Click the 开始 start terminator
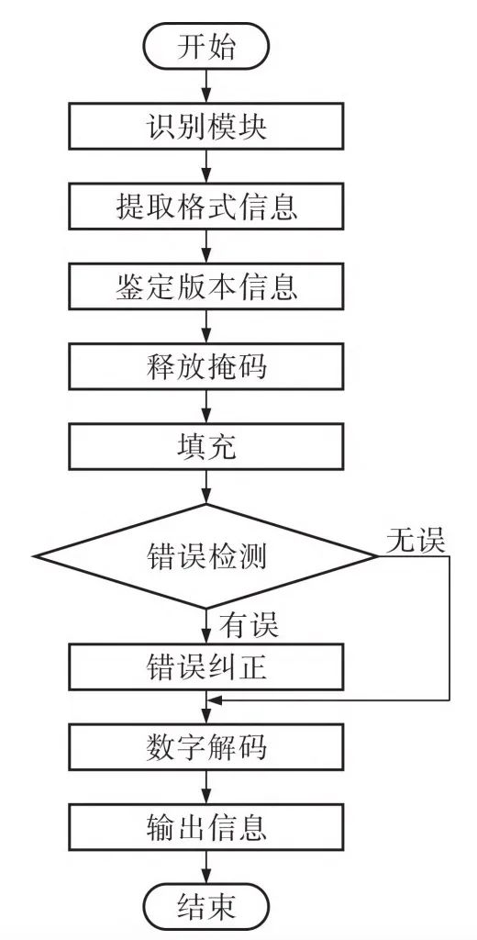click(x=206, y=48)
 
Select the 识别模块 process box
click(x=206, y=126)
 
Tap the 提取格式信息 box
click(x=206, y=207)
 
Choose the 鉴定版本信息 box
click(x=206, y=286)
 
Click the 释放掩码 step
click(x=206, y=366)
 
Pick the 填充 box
click(x=206, y=447)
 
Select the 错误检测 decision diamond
click(x=206, y=556)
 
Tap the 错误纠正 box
click(x=206, y=666)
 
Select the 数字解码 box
click(x=206, y=747)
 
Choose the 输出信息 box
click(x=206, y=827)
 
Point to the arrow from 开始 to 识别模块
click(x=206, y=87)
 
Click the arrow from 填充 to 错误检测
click(x=206, y=487)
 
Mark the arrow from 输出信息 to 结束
click(x=206, y=867)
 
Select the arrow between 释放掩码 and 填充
click(x=206, y=407)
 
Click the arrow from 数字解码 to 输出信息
click(x=206, y=787)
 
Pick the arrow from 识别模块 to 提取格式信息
click(x=206, y=166)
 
